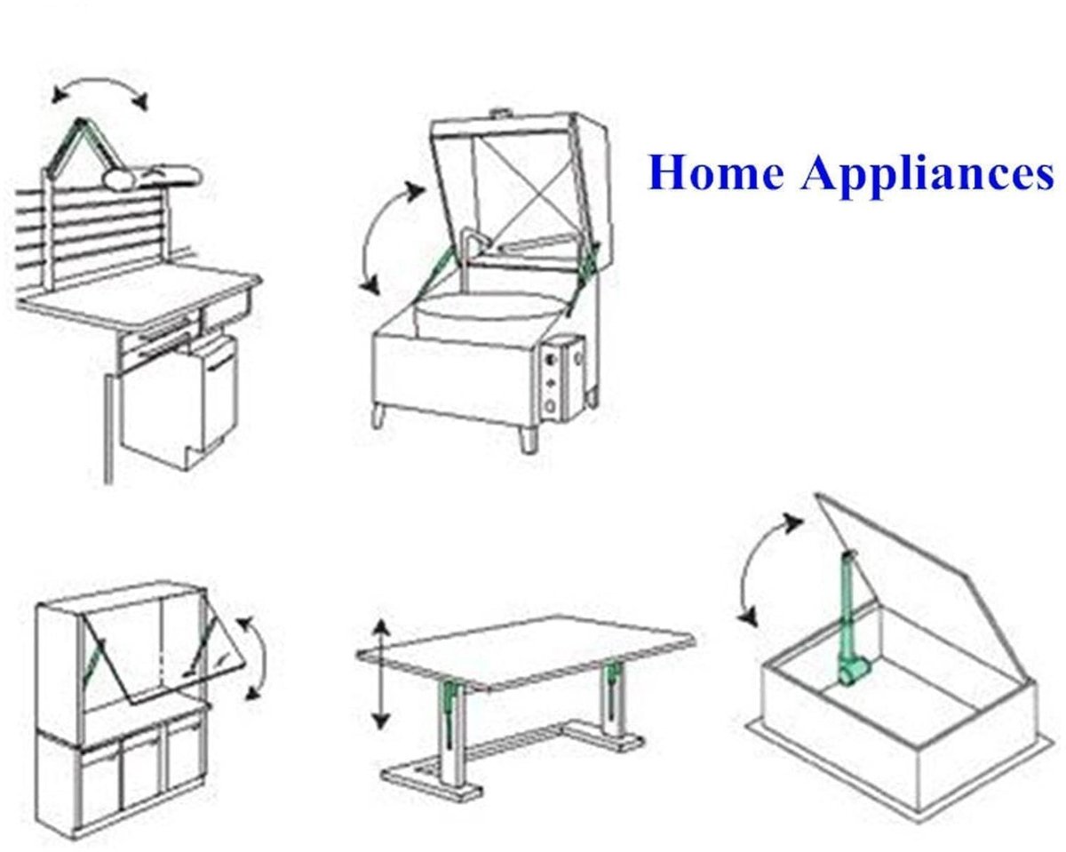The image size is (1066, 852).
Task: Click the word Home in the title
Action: click(717, 172)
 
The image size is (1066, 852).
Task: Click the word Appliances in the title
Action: click(927, 176)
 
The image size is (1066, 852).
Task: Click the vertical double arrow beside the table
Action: click(380, 673)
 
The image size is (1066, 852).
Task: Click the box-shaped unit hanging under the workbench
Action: click(179, 402)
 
